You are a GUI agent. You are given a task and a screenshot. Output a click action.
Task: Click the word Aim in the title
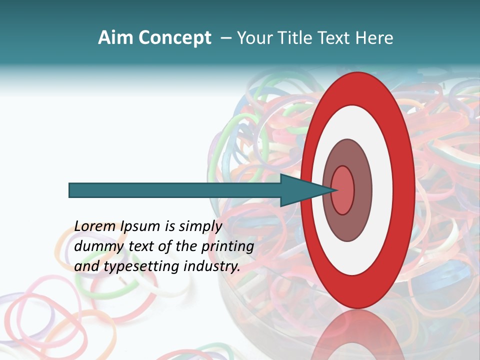(x=115, y=38)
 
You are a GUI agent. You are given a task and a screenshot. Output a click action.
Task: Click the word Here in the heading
(x=374, y=38)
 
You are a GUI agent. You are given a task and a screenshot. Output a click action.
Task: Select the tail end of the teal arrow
(x=70, y=190)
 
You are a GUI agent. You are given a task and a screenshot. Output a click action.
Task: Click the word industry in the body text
(x=212, y=266)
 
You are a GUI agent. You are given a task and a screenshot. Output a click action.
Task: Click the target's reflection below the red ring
(x=358, y=335)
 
